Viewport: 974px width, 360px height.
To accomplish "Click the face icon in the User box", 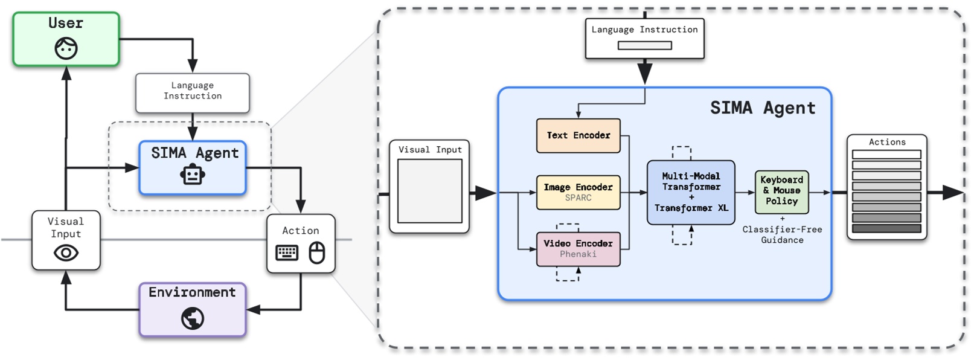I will coord(66,48).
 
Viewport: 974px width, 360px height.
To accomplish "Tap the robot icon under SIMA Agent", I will coord(193,175).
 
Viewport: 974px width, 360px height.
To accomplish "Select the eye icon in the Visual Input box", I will coord(66,252).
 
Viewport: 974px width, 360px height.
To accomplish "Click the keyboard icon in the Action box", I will coord(287,252).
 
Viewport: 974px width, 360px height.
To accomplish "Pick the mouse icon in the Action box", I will coord(317,252).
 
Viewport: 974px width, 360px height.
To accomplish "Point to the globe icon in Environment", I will coord(193,318).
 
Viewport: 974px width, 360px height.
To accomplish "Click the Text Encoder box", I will coord(578,135).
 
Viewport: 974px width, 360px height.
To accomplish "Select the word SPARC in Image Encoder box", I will coord(578,198).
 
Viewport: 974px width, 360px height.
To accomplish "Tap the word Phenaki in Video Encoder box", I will coord(578,254).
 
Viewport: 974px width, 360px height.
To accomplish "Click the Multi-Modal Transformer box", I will coord(691,192).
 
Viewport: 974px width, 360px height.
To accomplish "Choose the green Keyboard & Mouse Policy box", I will coord(781,191).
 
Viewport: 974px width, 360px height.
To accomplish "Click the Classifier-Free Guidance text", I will coord(782,235).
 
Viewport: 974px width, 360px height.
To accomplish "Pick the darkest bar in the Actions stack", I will coord(886,228).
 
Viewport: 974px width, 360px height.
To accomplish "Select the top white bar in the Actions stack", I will coord(886,155).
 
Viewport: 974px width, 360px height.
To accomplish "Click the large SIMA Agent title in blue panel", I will coord(763,108).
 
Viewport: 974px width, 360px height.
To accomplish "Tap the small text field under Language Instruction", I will coord(644,45).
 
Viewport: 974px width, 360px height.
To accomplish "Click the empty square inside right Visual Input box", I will coord(429,191).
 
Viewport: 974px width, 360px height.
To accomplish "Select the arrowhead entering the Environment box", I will coord(253,310).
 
